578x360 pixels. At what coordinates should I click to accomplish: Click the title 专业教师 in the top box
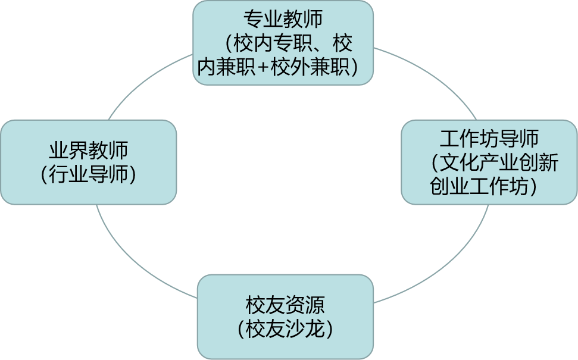click(x=283, y=19)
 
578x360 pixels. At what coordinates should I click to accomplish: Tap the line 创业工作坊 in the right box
click(x=479, y=186)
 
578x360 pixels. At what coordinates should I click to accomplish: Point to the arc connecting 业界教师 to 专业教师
click(x=143, y=83)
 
